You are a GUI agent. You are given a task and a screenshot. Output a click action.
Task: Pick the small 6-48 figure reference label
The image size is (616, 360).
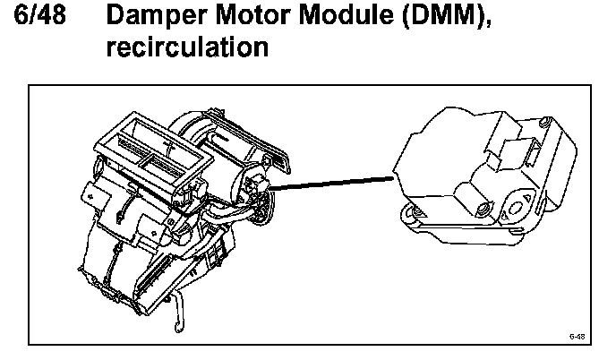click(x=577, y=337)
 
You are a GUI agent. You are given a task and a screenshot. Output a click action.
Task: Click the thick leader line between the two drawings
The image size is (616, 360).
click(x=331, y=183)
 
